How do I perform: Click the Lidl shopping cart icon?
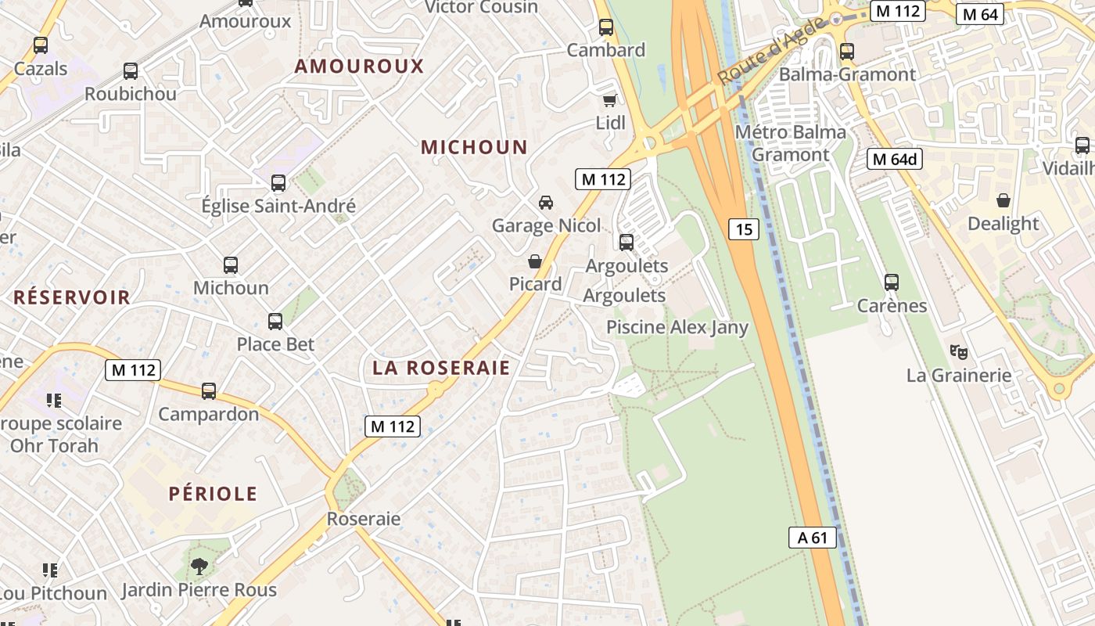610,100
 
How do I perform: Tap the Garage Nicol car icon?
546,203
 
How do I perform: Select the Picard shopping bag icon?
535,261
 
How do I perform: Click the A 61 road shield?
812,538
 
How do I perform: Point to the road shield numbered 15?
744,229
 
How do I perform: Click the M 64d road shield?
895,160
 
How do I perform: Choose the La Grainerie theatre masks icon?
958,352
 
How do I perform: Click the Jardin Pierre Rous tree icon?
199,566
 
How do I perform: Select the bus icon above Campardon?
209,390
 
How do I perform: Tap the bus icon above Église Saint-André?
278,183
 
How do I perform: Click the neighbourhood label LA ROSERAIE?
441,369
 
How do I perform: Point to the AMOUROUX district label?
359,67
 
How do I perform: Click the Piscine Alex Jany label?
677,327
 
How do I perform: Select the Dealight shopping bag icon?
1003,200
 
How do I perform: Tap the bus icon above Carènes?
891,282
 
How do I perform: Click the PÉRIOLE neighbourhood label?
213,494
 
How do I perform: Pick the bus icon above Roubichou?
131,71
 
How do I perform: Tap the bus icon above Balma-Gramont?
847,52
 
